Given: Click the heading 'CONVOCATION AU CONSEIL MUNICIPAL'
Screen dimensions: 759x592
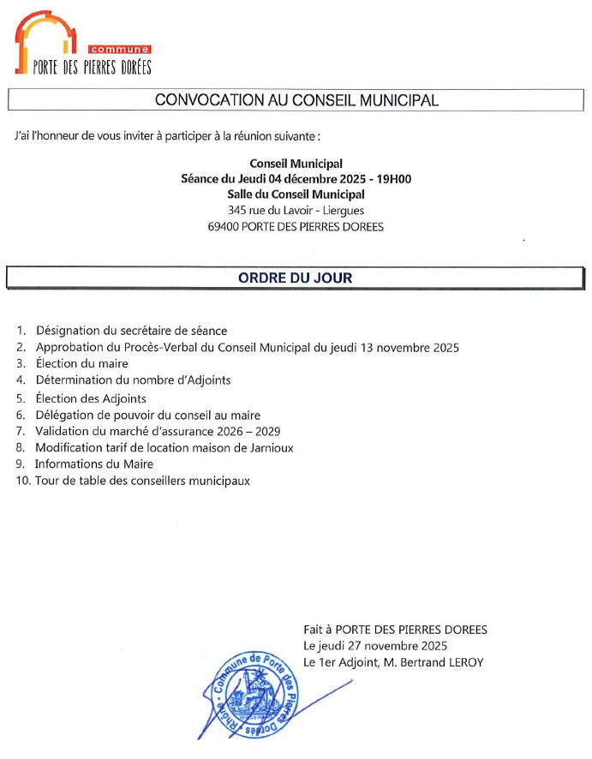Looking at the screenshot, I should (296, 100).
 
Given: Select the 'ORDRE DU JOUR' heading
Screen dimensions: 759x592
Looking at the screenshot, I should (295, 278).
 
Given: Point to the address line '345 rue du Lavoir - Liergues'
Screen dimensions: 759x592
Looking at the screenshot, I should (296, 211).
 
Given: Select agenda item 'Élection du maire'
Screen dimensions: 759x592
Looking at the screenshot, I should (82, 363).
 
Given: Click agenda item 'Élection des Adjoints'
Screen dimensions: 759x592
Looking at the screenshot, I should (91, 398).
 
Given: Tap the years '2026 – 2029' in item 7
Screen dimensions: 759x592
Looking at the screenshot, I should (251, 431).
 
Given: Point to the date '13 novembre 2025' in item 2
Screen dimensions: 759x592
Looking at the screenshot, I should (414, 348).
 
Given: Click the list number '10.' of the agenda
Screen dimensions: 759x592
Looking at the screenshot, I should (22, 481).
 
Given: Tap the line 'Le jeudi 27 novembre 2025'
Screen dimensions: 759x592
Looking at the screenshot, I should (375, 645).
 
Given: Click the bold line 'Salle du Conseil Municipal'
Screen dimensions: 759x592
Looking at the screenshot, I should (296, 194).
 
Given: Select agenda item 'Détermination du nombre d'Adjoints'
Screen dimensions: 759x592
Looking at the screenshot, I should (134, 380).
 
